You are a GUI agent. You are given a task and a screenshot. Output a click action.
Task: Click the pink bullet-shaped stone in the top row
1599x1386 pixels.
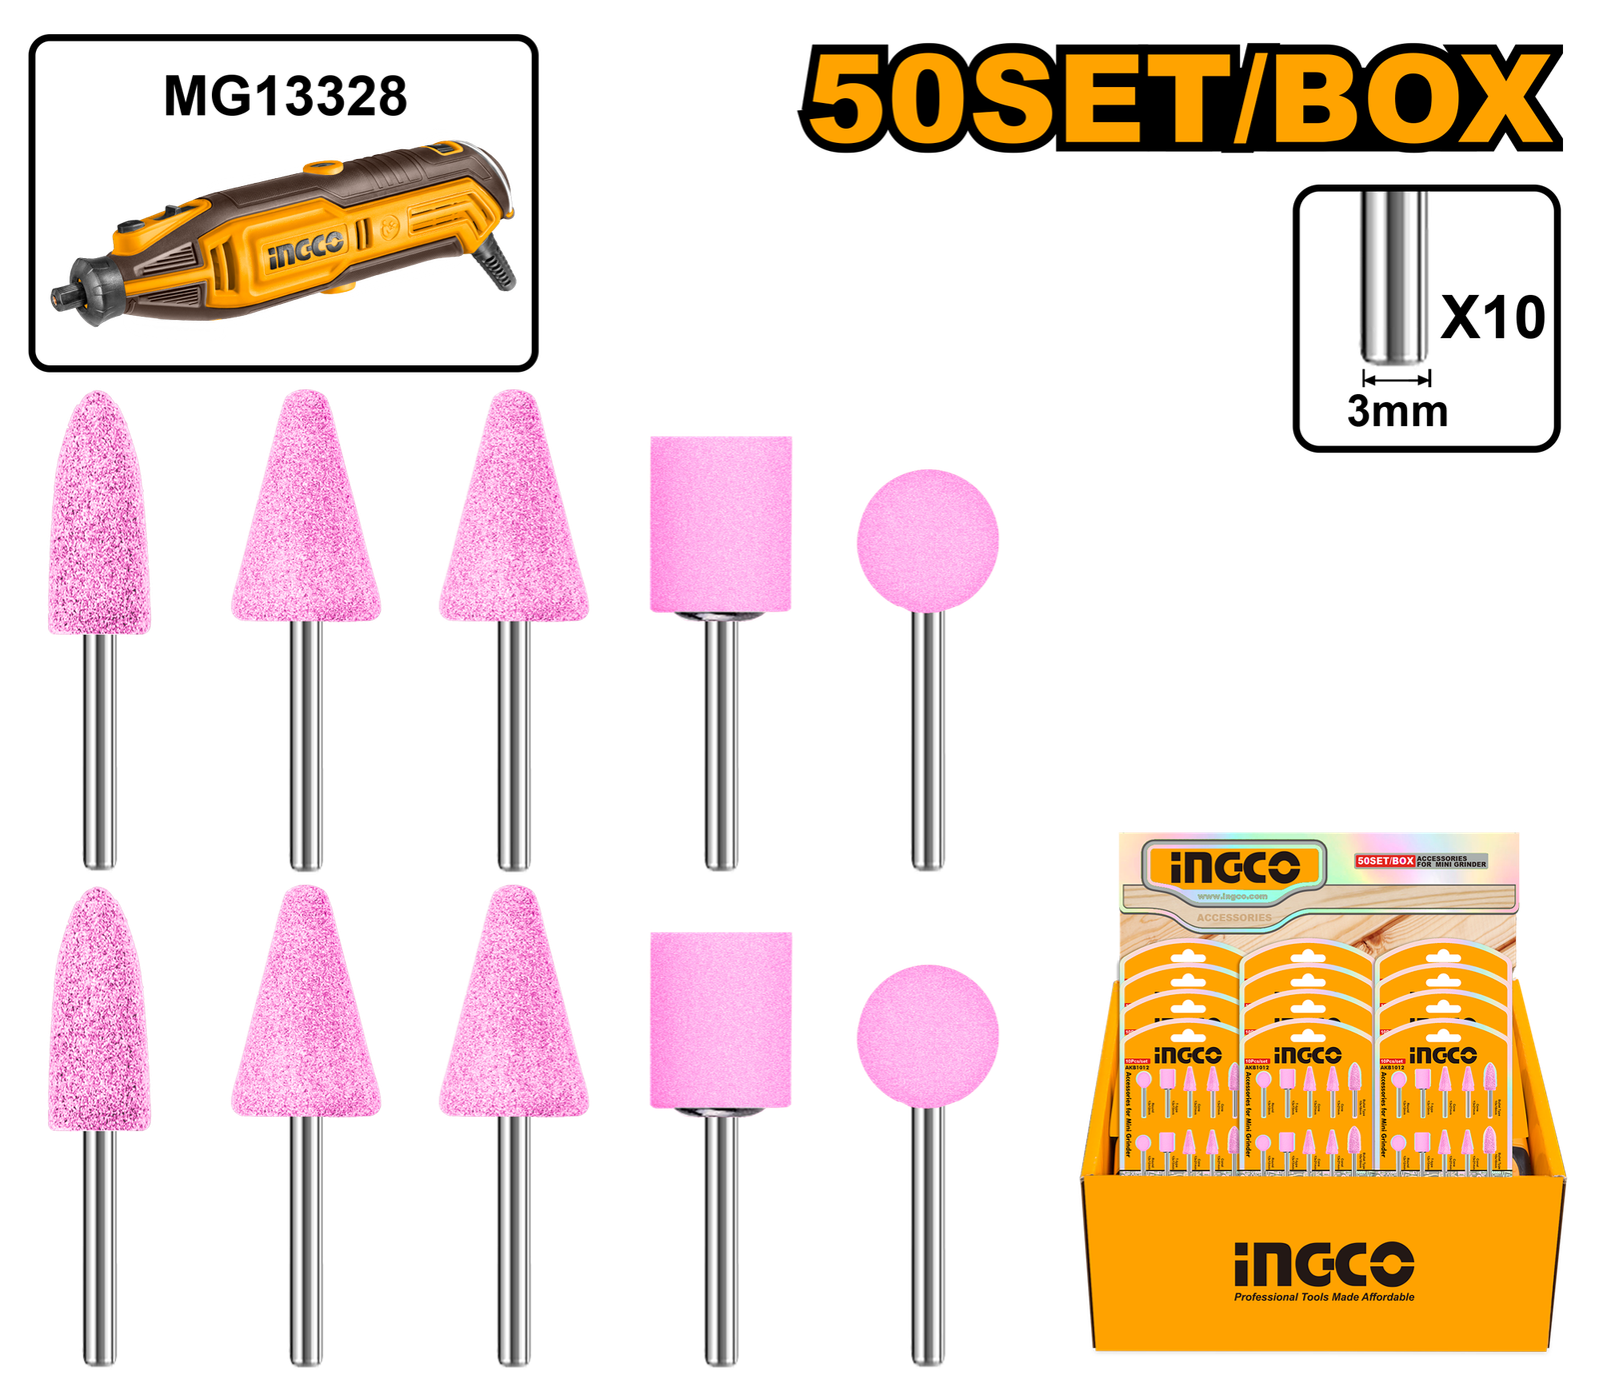(100, 515)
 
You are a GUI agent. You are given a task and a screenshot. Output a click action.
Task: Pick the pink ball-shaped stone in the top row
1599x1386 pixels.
(927, 540)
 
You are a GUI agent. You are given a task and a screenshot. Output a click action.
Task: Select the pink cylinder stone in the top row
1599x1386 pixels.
(721, 523)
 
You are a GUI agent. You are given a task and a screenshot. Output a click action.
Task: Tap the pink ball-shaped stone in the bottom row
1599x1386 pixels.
(927, 1035)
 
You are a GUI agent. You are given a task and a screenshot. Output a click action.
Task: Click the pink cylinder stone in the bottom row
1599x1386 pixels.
(721, 1019)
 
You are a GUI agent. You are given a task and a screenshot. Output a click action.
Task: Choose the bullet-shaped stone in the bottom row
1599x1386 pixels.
(100, 1010)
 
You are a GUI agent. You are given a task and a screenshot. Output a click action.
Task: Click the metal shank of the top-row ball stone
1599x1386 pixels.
(928, 740)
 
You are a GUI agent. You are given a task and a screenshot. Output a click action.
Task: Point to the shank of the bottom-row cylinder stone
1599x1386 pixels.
(721, 1240)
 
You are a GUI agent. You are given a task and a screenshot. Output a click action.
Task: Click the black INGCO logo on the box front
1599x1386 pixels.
(1323, 1264)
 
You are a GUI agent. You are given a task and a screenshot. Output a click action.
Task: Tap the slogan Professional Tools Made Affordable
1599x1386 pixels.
(1323, 1297)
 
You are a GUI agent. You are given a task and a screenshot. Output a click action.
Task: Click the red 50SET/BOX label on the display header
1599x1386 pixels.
(1385, 861)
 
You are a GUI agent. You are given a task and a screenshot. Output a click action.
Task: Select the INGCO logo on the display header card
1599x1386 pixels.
(1234, 867)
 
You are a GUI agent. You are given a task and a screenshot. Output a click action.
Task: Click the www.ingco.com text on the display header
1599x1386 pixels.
(1232, 897)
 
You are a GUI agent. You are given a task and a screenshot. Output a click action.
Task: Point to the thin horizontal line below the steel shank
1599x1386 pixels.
(1426, 453)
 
